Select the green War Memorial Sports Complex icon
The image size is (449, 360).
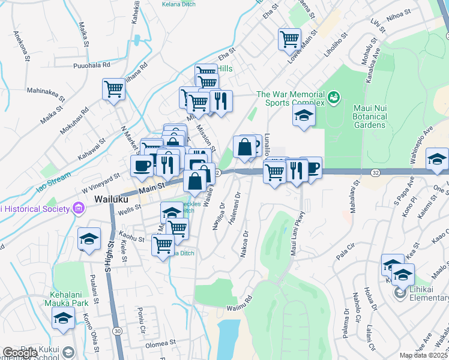(x=334, y=95)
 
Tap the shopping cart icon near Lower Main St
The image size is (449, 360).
(x=289, y=39)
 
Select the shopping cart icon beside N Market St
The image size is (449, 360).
(x=113, y=89)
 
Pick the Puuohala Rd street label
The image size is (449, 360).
(x=91, y=65)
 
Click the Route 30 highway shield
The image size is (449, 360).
(x=116, y=331)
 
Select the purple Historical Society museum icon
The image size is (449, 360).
(x=77, y=208)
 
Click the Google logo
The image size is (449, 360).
(x=20, y=353)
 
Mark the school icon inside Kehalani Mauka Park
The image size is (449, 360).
(x=63, y=320)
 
